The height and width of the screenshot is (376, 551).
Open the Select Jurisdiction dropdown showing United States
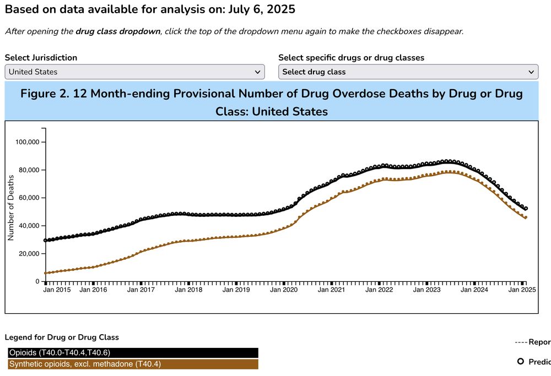[134, 72]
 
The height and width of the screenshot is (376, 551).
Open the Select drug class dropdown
[408, 72]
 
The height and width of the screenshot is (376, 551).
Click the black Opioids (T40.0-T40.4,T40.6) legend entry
[133, 353]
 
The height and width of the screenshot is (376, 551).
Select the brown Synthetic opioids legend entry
[133, 364]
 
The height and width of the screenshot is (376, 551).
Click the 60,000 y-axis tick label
[28, 198]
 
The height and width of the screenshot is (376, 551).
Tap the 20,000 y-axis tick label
[28, 254]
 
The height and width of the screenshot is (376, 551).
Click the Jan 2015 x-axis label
[57, 290]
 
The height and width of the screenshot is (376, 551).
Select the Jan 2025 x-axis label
[522, 290]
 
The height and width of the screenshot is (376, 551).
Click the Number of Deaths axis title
[10, 208]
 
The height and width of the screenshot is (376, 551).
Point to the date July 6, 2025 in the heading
[261, 9]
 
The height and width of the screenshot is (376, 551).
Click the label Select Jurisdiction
[41, 57]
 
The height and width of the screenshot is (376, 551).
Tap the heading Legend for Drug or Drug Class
[62, 337]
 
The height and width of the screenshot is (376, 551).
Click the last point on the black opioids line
[526, 209]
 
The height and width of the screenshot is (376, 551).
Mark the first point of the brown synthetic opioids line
[46, 273]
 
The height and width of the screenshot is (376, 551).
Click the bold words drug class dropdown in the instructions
[117, 31]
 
